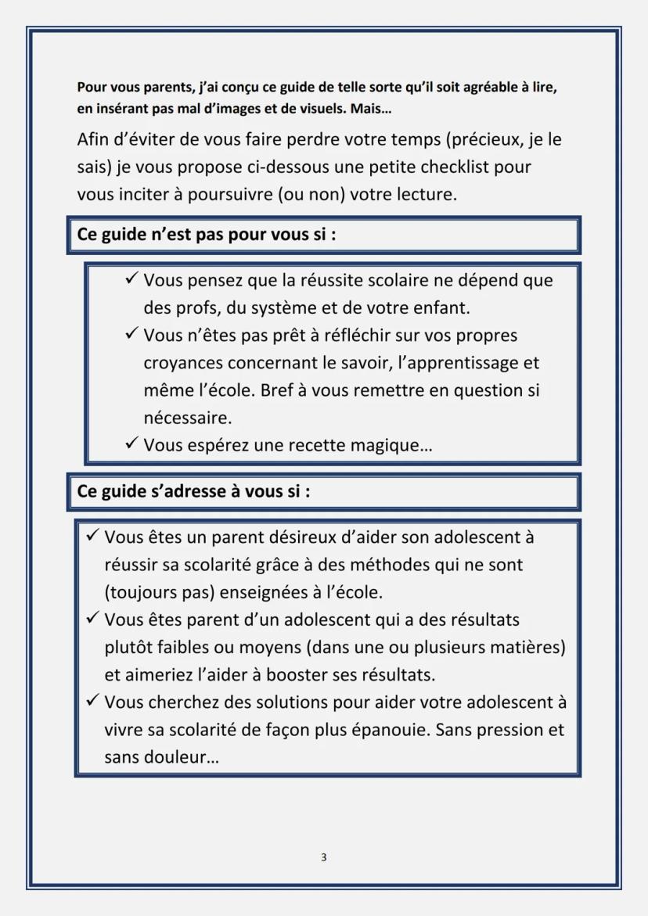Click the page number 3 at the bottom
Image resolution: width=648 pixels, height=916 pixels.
point(324,857)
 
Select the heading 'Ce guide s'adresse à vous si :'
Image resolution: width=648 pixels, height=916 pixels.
point(193,492)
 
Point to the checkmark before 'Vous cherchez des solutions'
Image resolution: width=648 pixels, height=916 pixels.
point(92,702)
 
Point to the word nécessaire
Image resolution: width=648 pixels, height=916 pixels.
point(187,418)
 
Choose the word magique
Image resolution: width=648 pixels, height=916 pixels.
point(396,446)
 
